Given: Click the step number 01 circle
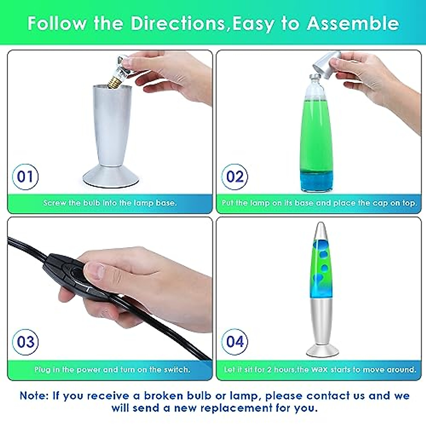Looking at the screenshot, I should click(x=25, y=176).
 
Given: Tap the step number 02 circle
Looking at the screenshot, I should click(x=235, y=176).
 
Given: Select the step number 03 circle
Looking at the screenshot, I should click(x=25, y=342).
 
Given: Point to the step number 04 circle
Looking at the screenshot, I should click(x=235, y=342).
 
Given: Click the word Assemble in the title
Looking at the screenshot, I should click(x=353, y=23).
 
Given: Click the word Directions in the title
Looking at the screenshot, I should click(x=177, y=23).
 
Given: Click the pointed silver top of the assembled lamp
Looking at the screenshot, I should click(x=320, y=231).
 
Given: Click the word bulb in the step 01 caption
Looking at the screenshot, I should click(x=92, y=203).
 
